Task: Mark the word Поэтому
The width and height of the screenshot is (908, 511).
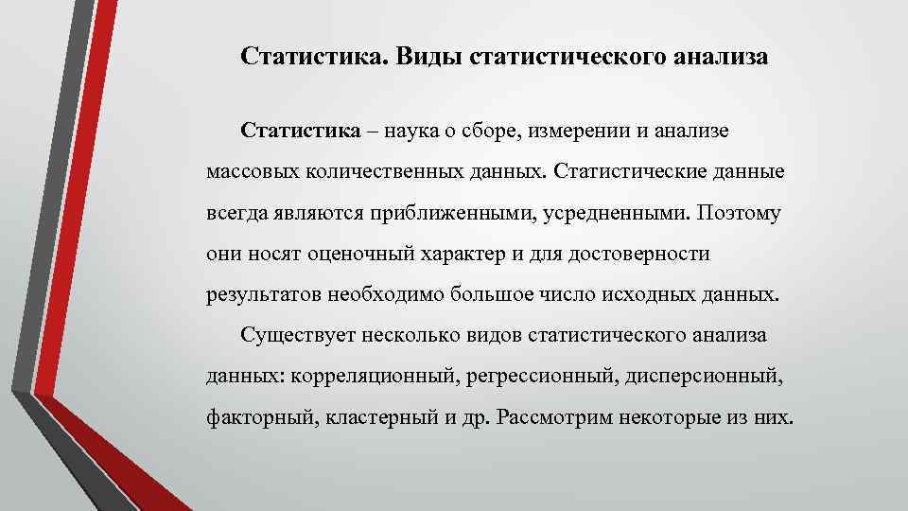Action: tap(739, 212)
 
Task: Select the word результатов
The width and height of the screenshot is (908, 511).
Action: tap(265, 294)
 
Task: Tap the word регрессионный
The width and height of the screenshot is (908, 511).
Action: tap(539, 377)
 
